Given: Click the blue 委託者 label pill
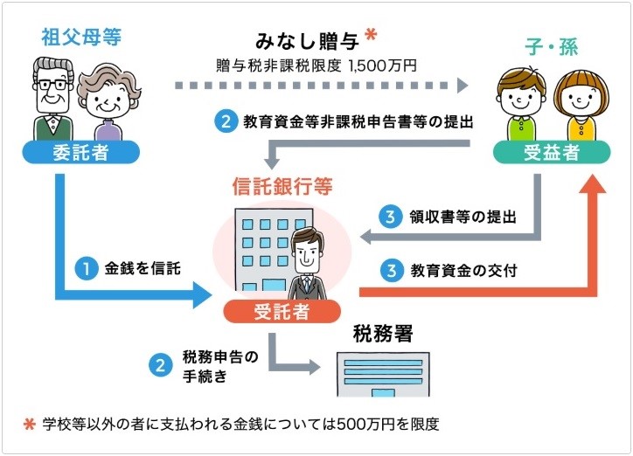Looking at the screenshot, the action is [80, 152].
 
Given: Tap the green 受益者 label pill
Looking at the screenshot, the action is [552, 152].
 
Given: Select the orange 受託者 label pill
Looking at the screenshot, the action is [282, 311].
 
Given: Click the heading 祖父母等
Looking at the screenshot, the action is [81, 37].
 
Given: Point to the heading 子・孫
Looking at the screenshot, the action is [552, 47].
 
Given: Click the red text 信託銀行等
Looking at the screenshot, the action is [282, 186].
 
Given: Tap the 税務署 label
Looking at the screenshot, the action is [383, 334].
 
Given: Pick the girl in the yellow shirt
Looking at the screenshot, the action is [581, 106].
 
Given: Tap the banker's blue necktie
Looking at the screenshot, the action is [307, 284].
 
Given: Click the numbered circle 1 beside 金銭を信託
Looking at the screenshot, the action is [86, 268].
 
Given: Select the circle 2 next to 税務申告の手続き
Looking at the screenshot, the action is [160, 365].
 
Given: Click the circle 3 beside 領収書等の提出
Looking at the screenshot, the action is [390, 217].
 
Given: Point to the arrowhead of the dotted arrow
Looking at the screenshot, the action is [463, 86].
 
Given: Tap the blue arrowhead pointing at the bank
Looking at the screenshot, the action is [202, 295].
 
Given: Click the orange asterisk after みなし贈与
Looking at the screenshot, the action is [371, 34].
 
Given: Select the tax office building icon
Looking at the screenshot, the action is [383, 374].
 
